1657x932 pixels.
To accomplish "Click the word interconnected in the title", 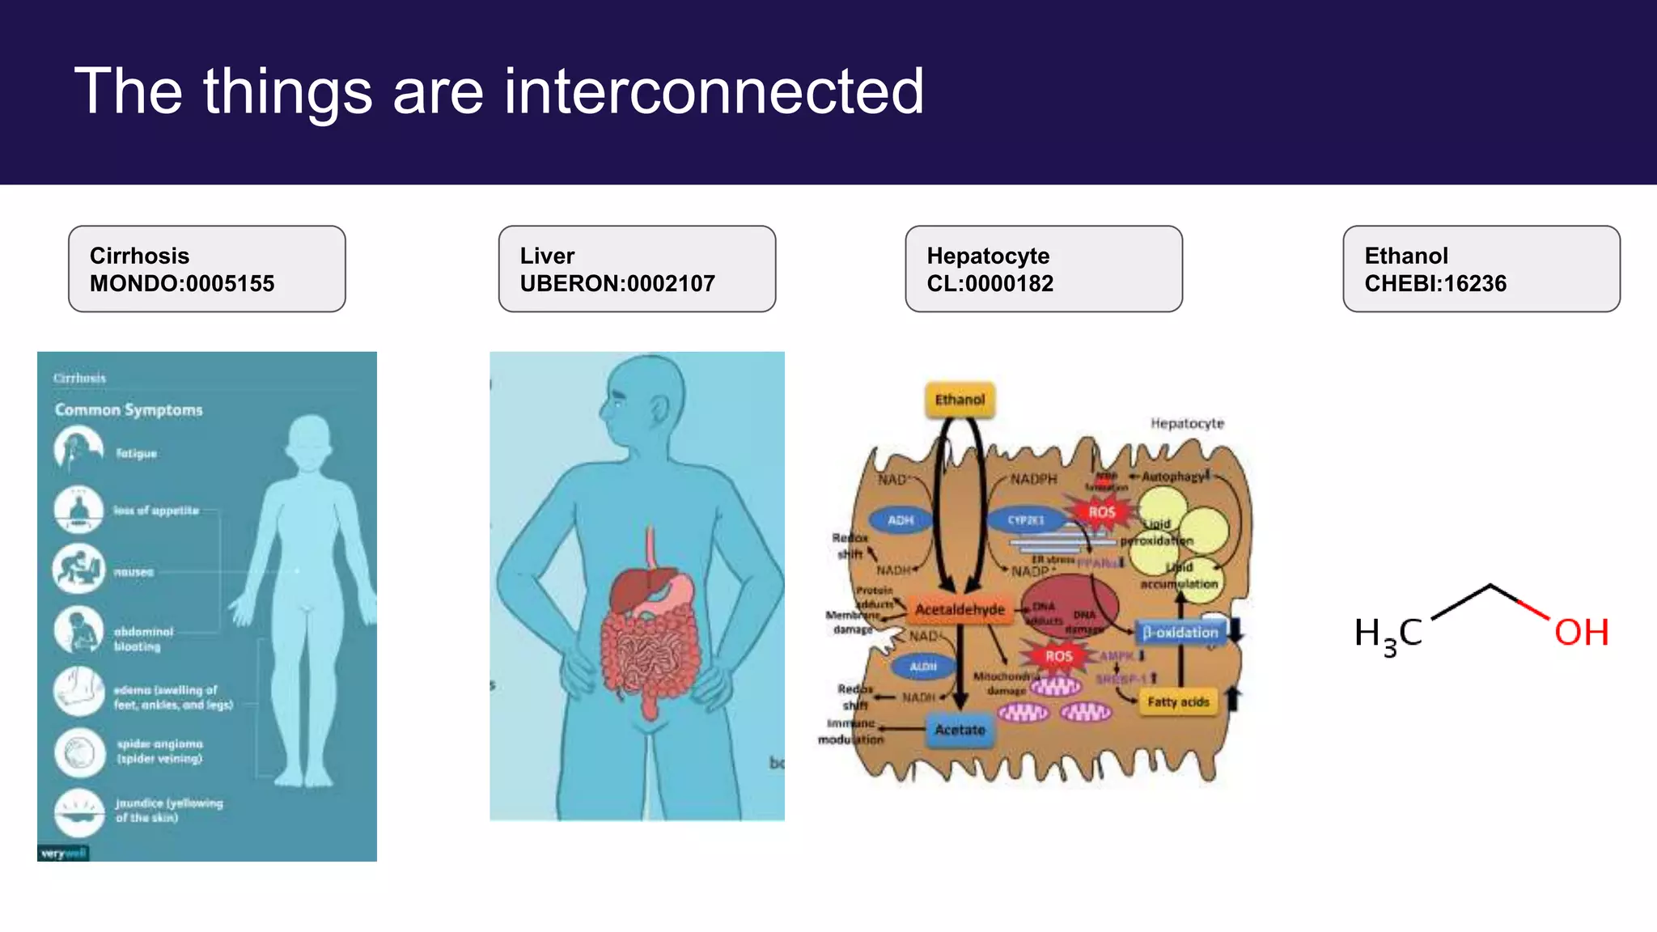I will coord(714,91).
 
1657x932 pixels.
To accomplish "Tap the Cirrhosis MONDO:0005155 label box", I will coord(207,269).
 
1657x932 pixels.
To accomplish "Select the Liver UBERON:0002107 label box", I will coord(637,269).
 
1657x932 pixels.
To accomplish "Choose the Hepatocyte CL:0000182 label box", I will coord(1043,269).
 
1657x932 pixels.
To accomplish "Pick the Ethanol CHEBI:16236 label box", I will coord(1481,269).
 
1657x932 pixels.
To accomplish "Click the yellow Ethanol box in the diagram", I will coord(960,400).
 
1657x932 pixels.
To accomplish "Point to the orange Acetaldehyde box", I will coord(960,609).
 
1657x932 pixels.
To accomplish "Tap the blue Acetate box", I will coord(960,730).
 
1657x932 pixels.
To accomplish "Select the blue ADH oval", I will coord(901,520).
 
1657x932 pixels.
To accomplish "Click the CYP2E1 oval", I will coord(1026,520).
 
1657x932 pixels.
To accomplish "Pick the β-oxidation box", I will coord(1180,633).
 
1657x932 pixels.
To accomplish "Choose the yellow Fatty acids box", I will coord(1178,702).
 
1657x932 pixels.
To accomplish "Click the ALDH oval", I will coord(922,667).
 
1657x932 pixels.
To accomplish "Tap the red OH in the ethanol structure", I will coord(1581,633).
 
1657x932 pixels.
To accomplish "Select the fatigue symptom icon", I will coord(78,450).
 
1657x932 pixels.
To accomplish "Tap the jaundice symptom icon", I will coord(78,811).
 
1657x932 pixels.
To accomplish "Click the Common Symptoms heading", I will coord(129,410).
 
